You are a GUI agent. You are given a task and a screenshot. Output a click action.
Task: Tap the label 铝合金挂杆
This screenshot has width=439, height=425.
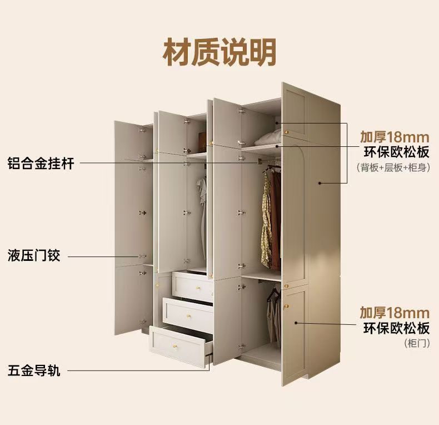pyautogui.click(x=41, y=163)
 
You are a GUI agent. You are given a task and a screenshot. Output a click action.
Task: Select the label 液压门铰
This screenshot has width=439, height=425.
pyautogui.click(x=33, y=256)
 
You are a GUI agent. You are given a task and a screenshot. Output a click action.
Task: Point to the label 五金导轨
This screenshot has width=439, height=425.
pyautogui.click(x=33, y=370)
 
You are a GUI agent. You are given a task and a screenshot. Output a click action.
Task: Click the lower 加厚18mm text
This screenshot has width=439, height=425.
pyautogui.click(x=394, y=312)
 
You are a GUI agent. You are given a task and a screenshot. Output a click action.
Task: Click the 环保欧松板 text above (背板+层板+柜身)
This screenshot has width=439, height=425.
pyautogui.click(x=394, y=152)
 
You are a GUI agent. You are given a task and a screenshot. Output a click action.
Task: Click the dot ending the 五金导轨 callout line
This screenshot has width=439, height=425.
pyautogui.click(x=209, y=369)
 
